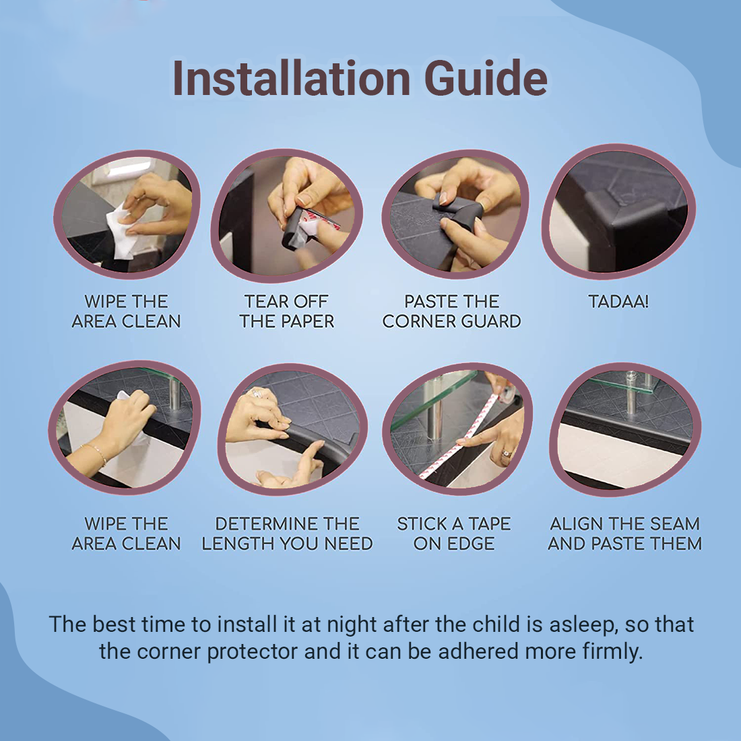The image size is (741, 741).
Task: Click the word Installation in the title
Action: (x=291, y=78)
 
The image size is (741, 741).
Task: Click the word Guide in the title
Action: (x=486, y=78)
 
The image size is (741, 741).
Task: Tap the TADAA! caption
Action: (x=618, y=302)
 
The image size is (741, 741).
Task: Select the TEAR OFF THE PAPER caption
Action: (x=286, y=311)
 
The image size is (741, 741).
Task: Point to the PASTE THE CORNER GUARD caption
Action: (x=451, y=311)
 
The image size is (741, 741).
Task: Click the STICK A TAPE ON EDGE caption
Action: (x=453, y=534)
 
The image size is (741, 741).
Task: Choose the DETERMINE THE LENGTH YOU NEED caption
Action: (x=287, y=534)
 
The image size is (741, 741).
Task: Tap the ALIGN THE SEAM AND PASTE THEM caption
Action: (x=624, y=534)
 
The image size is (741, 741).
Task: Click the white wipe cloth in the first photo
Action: (x=121, y=232)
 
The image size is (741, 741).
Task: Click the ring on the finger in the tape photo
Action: (x=507, y=453)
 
